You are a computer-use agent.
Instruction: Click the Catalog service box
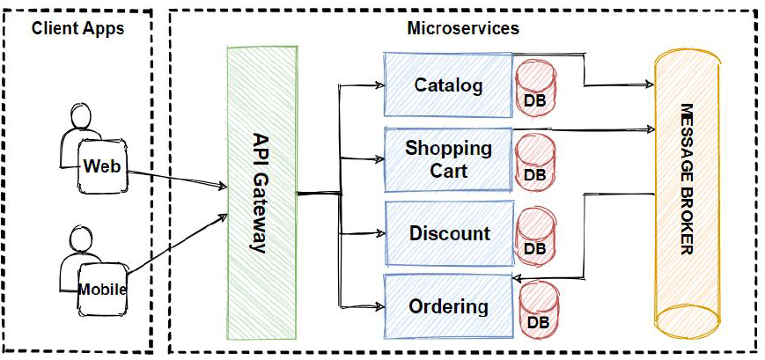[448, 85]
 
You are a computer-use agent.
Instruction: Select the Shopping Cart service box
[448, 159]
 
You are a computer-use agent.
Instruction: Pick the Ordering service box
[448, 306]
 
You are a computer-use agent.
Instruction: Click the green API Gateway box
[261, 194]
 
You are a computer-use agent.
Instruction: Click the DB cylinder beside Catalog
[534, 86]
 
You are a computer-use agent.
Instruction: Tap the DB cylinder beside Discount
[534, 235]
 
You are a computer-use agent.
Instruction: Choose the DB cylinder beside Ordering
[537, 309]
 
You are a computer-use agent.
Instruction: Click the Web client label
[101, 166]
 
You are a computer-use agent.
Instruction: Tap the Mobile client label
[102, 289]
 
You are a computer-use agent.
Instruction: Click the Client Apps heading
[77, 28]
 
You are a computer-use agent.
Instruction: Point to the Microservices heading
[463, 28]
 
